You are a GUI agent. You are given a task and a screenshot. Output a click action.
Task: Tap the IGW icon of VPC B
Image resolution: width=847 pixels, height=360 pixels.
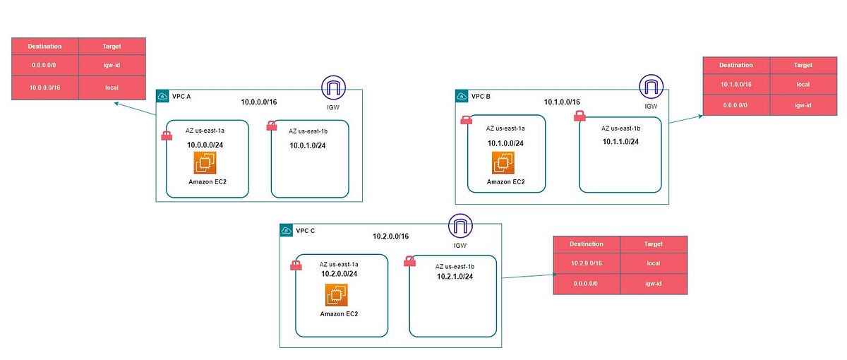pyautogui.click(x=650, y=88)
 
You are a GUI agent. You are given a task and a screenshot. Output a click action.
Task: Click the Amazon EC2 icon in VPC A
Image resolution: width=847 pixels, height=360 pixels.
pyautogui.click(x=205, y=163)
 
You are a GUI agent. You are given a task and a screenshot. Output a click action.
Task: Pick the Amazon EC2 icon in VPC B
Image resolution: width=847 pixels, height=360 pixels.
pyautogui.click(x=504, y=163)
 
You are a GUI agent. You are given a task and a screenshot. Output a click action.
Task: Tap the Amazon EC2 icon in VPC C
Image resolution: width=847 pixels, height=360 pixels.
pyautogui.click(x=337, y=294)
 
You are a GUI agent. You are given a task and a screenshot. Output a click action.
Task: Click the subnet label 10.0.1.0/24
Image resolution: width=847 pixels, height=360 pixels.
pyautogui.click(x=308, y=146)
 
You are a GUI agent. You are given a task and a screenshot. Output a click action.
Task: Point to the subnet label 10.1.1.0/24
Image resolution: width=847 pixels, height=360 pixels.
pyautogui.click(x=620, y=142)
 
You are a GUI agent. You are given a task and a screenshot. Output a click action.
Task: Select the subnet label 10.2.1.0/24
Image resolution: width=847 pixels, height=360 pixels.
pyautogui.click(x=455, y=277)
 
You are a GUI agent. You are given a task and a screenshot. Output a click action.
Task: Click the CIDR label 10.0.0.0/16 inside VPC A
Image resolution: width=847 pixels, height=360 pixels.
pyautogui.click(x=259, y=102)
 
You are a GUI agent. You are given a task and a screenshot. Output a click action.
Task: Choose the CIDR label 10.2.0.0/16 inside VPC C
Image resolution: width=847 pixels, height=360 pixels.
pyautogui.click(x=390, y=236)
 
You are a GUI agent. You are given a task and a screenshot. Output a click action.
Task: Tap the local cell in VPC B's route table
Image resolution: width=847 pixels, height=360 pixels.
pyautogui.click(x=803, y=83)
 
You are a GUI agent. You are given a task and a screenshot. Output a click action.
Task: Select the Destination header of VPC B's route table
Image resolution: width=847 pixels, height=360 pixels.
pyautogui.click(x=736, y=65)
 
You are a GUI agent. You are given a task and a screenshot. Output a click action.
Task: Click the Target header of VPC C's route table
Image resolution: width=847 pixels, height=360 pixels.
pyautogui.click(x=653, y=244)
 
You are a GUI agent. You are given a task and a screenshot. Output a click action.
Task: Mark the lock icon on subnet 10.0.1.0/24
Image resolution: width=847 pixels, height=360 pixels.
pyautogui.click(x=271, y=126)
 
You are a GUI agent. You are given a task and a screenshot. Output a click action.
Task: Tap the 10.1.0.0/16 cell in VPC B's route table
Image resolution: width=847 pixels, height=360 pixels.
pyautogui.click(x=736, y=83)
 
